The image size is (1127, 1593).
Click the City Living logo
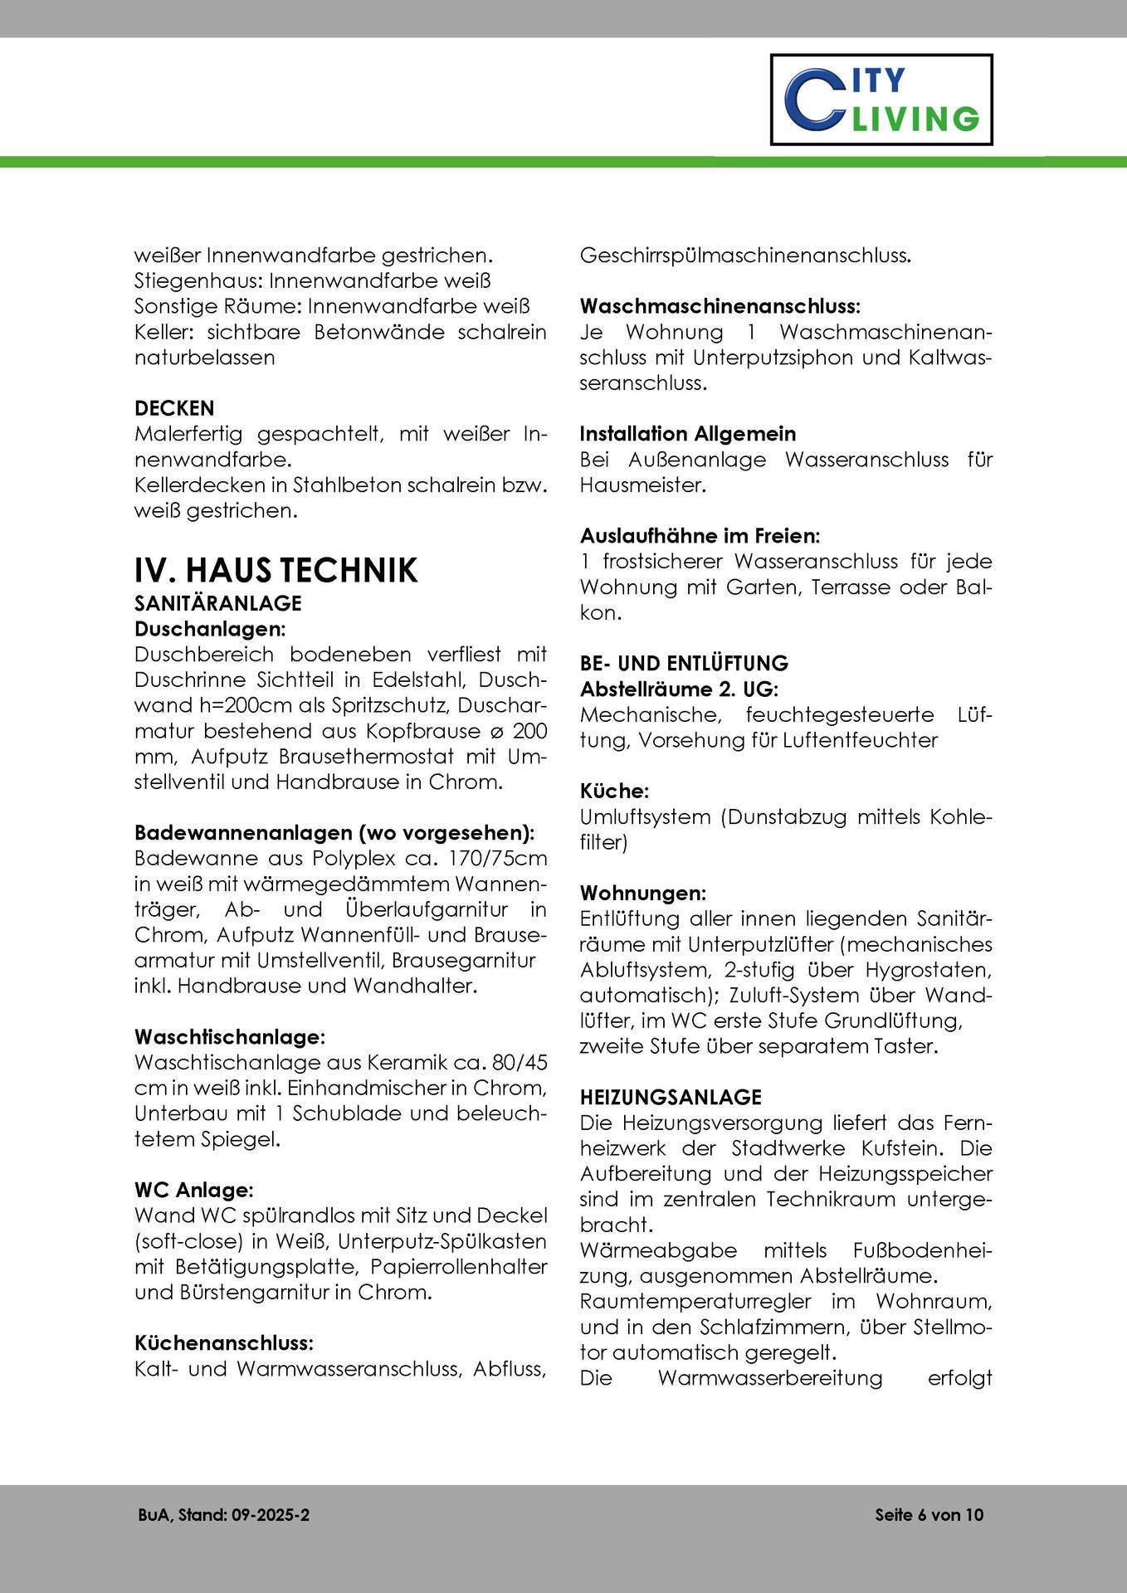click(881, 100)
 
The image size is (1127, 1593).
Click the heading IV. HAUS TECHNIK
click(276, 571)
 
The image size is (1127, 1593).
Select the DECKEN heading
click(174, 408)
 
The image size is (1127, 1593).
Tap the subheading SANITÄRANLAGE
click(217, 602)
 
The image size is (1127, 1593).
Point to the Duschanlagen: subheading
click(210, 628)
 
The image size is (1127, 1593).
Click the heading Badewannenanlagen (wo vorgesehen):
click(334, 832)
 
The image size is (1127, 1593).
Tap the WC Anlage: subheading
click(193, 1190)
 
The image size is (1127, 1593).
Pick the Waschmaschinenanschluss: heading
click(720, 306)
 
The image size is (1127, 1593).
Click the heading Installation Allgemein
click(687, 434)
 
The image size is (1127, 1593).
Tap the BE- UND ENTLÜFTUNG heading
click(684, 664)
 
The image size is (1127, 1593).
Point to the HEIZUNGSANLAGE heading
click(671, 1098)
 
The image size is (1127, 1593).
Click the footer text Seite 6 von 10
click(929, 1515)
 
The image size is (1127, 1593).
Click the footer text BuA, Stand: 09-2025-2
click(224, 1515)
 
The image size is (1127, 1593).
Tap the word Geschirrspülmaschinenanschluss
click(744, 256)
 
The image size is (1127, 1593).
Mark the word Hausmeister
click(642, 485)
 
